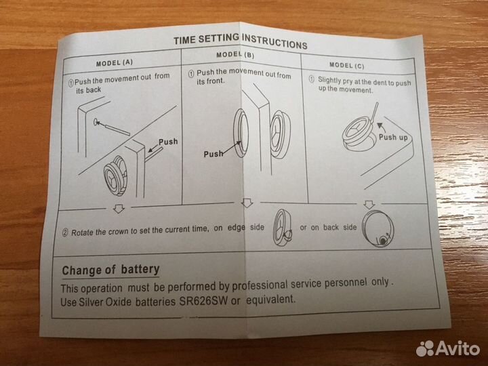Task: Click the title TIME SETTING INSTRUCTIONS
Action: [240, 41]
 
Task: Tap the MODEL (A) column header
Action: [115, 63]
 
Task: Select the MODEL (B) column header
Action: [235, 55]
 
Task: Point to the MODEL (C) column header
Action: [347, 65]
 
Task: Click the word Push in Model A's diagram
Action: [168, 142]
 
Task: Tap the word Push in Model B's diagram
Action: [213, 154]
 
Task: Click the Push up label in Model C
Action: [393, 137]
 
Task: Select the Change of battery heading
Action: [110, 270]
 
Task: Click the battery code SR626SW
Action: [203, 301]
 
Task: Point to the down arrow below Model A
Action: [119, 208]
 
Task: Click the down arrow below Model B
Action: [247, 203]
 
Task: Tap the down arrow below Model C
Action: [369, 205]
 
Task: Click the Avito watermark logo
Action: [448, 348]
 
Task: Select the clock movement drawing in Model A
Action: [115, 176]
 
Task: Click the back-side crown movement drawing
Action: [378, 229]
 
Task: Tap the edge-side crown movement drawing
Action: [283, 227]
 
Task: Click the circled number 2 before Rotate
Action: [65, 232]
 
